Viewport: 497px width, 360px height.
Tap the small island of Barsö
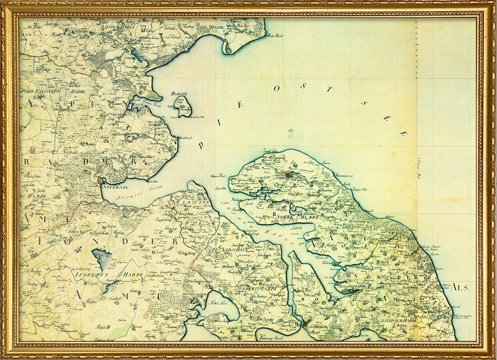tap(183, 107)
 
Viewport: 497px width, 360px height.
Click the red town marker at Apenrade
tap(103, 181)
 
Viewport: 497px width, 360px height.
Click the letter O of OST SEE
tap(277, 89)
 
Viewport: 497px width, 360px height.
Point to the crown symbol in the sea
tap(289, 132)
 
